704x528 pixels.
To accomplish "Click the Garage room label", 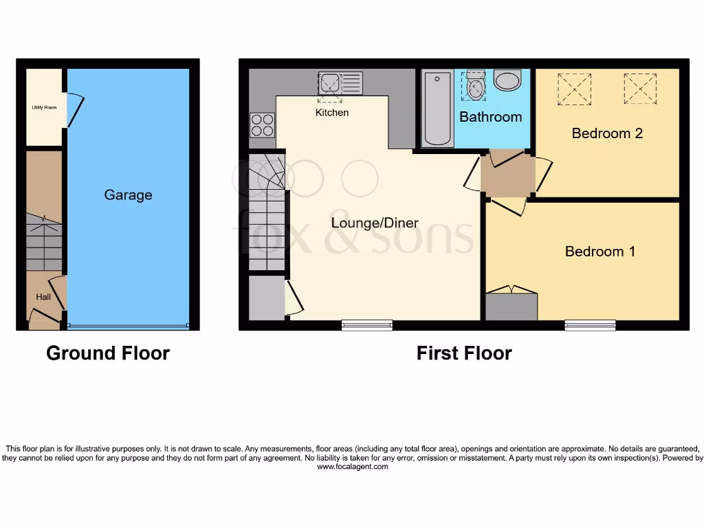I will [x=128, y=195].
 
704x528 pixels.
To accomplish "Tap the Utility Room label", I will [x=43, y=107].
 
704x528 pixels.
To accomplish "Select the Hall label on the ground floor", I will [x=43, y=297].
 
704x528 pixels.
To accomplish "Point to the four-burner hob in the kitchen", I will [x=262, y=125].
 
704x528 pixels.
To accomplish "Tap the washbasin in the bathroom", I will [x=508, y=80].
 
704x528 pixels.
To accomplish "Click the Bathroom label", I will [x=490, y=117].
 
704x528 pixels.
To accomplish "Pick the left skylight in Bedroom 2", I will [x=574, y=89].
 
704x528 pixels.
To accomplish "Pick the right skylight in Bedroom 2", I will [x=640, y=89].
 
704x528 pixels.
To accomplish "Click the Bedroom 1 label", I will [x=599, y=252].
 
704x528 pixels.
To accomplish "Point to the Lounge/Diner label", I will [x=375, y=223].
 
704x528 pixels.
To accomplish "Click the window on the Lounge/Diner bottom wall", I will [x=367, y=325].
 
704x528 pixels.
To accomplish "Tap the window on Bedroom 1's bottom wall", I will [x=590, y=325].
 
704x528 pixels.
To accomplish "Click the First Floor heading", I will [x=464, y=353].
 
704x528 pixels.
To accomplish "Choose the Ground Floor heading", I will [x=108, y=353].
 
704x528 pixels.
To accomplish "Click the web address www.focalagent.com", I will [x=352, y=467].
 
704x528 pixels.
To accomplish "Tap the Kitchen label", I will [x=332, y=113].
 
